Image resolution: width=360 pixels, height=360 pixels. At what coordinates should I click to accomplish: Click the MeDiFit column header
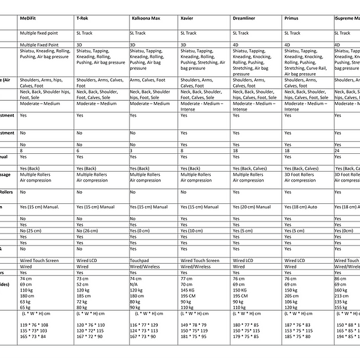click(x=31, y=19)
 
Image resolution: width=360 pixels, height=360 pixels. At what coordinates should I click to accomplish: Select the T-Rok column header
click(x=82, y=19)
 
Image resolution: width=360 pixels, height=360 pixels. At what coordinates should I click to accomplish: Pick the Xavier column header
click(x=187, y=19)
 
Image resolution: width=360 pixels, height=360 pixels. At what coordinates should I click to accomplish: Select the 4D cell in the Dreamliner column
click(x=236, y=44)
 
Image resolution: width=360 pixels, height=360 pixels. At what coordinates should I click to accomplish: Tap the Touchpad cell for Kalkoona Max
click(x=140, y=260)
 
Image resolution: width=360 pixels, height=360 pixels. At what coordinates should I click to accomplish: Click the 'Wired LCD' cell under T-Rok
click(x=88, y=260)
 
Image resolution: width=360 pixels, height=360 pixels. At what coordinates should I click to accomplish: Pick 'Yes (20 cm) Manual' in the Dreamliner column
click(x=251, y=207)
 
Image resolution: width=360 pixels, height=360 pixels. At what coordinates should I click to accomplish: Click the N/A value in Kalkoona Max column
click(x=135, y=284)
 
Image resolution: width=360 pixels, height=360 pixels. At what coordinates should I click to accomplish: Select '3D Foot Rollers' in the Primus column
click(x=299, y=175)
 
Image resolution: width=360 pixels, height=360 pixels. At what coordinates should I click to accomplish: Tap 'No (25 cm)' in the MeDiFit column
click(x=31, y=231)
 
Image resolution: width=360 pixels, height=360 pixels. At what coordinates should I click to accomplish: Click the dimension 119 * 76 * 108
click(x=35, y=325)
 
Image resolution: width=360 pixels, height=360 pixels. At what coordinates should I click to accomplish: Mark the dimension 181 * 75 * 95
click(x=194, y=336)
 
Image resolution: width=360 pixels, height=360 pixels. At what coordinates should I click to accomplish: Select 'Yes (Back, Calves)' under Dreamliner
click(x=250, y=168)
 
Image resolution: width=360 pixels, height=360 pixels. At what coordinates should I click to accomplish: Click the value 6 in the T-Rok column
click(x=78, y=150)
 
